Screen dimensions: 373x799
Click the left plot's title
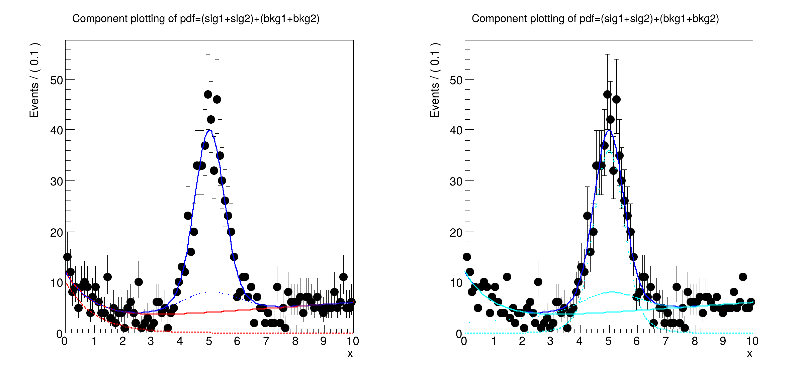tap(196, 19)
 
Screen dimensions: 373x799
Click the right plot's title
tap(595, 19)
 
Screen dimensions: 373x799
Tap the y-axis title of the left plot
tap(34, 80)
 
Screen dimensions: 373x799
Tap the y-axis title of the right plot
tap(435, 80)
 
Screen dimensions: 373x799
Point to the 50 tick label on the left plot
tap(57, 81)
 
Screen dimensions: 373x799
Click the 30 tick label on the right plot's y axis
tap(456, 182)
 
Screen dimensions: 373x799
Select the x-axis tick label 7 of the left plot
tap(266, 341)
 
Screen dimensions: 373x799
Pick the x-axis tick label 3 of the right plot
tap(550, 341)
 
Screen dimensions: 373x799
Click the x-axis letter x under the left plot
tap(350, 354)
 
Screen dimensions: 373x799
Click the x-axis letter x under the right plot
tap(749, 354)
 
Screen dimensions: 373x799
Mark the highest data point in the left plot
tap(208, 95)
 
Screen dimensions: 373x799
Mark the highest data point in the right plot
tap(607, 95)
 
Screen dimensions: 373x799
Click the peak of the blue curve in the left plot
tap(210, 131)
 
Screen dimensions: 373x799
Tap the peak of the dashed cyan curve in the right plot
tap(609, 151)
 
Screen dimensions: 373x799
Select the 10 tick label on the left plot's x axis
tap(353, 341)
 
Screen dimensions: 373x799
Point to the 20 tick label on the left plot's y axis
tap(57, 233)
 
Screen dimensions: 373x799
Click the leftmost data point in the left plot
tap(67, 257)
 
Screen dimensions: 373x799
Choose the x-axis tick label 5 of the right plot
tap(608, 341)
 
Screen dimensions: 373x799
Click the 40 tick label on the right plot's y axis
tap(456, 131)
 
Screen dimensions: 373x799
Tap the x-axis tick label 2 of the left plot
tap(123, 341)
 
